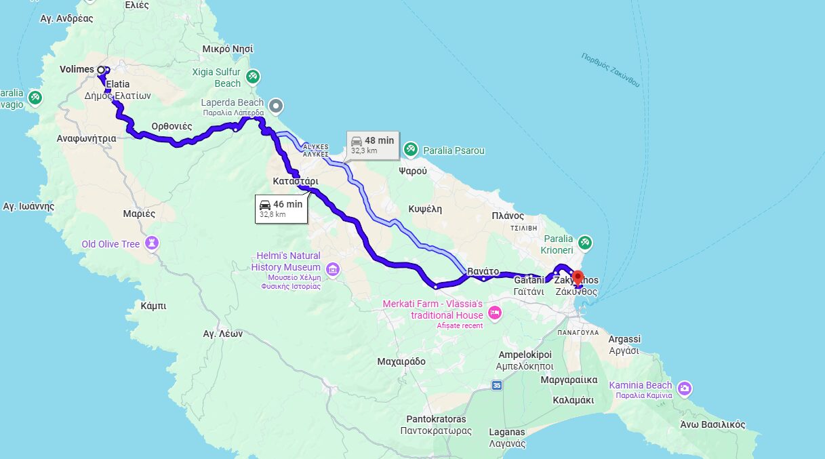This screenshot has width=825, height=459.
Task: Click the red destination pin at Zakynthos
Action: [578, 277]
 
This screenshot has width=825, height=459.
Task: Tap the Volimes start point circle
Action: [101, 69]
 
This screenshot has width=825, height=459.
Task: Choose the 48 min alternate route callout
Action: [372, 144]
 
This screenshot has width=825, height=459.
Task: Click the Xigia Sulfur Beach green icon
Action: [253, 77]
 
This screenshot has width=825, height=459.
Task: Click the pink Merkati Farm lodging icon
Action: [495, 313]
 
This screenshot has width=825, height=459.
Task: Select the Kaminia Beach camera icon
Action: [685, 388]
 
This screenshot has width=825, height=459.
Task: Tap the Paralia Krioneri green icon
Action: [585, 242]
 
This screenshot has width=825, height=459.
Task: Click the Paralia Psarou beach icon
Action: [411, 149]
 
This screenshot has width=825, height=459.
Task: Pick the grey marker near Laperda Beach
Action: [276, 106]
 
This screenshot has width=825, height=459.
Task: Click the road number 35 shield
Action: [498, 385]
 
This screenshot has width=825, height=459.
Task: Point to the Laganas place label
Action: [507, 432]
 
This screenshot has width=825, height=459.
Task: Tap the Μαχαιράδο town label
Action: [401, 361]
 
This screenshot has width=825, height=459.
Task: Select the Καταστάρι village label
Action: [296, 182]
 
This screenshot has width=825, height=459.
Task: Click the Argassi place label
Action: [624, 339]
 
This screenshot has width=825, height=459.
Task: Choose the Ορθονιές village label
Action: [172, 126]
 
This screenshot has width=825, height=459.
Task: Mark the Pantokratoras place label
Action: [436, 419]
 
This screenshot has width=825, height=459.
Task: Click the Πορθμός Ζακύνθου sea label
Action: [611, 70]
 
